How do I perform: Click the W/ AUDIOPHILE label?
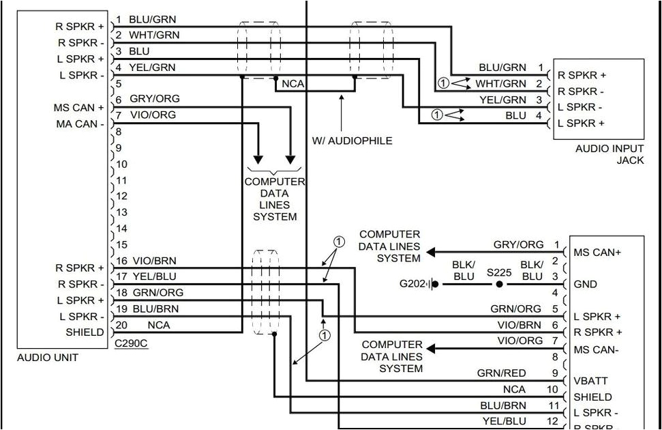(x=352, y=141)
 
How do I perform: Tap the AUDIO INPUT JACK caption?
(x=609, y=154)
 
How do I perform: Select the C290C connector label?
(x=131, y=343)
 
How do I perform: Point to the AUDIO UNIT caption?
(x=48, y=357)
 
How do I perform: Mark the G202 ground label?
(x=412, y=283)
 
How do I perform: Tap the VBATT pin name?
(x=590, y=380)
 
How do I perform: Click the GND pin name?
(x=585, y=284)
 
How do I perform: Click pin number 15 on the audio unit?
(x=121, y=244)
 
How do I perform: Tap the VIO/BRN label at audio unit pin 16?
(x=155, y=260)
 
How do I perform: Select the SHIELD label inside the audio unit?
(x=85, y=332)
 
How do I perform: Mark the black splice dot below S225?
(x=499, y=283)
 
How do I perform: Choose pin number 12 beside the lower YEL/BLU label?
(x=552, y=421)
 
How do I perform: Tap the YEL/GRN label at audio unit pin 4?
(x=152, y=68)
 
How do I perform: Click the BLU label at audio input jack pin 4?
(x=515, y=115)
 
